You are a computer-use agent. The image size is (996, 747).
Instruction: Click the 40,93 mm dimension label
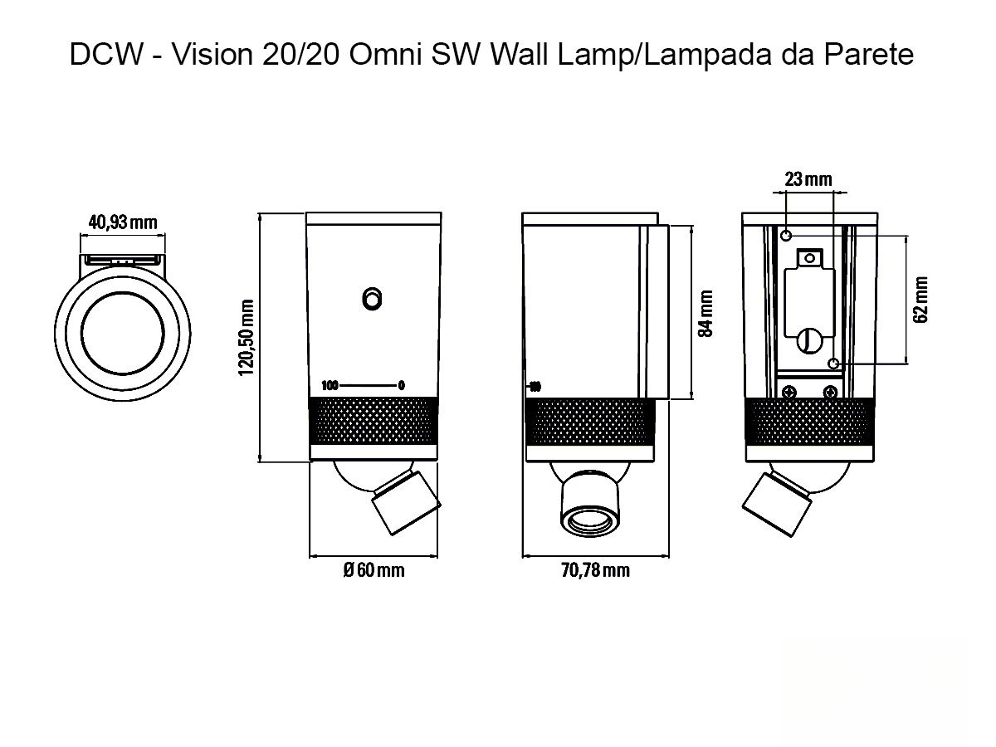coord(122,222)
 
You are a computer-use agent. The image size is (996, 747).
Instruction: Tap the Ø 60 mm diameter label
coord(373,570)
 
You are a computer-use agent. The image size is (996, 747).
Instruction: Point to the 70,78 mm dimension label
coord(594,570)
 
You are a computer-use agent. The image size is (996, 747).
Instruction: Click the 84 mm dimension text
coord(706,313)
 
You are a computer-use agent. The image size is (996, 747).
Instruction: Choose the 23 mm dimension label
coord(808,179)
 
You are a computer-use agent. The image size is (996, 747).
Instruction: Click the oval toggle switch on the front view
coord(373,299)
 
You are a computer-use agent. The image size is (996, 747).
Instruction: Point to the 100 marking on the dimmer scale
coord(330,385)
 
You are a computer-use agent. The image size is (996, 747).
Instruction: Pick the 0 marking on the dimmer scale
coord(401,385)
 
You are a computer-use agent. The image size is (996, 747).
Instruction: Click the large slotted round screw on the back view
coord(809,339)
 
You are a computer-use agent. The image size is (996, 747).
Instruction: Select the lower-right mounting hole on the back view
coord(833,363)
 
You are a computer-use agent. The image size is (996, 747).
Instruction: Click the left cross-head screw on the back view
coord(788,390)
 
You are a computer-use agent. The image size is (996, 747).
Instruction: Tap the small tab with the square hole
coord(809,260)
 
